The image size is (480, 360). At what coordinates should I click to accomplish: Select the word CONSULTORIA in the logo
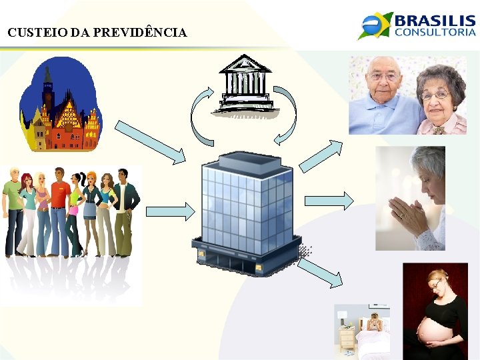coord(435,31)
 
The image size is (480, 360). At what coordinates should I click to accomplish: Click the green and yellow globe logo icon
coord(375,25)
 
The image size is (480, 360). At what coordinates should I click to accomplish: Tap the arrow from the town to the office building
coord(150,141)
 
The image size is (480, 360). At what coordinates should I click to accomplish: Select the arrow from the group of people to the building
coord(168,211)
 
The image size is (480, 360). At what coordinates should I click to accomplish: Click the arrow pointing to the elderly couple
coord(321,156)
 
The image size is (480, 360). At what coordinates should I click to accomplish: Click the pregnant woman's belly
coord(431,327)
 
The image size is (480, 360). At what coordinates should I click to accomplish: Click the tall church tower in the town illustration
coord(47,87)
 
